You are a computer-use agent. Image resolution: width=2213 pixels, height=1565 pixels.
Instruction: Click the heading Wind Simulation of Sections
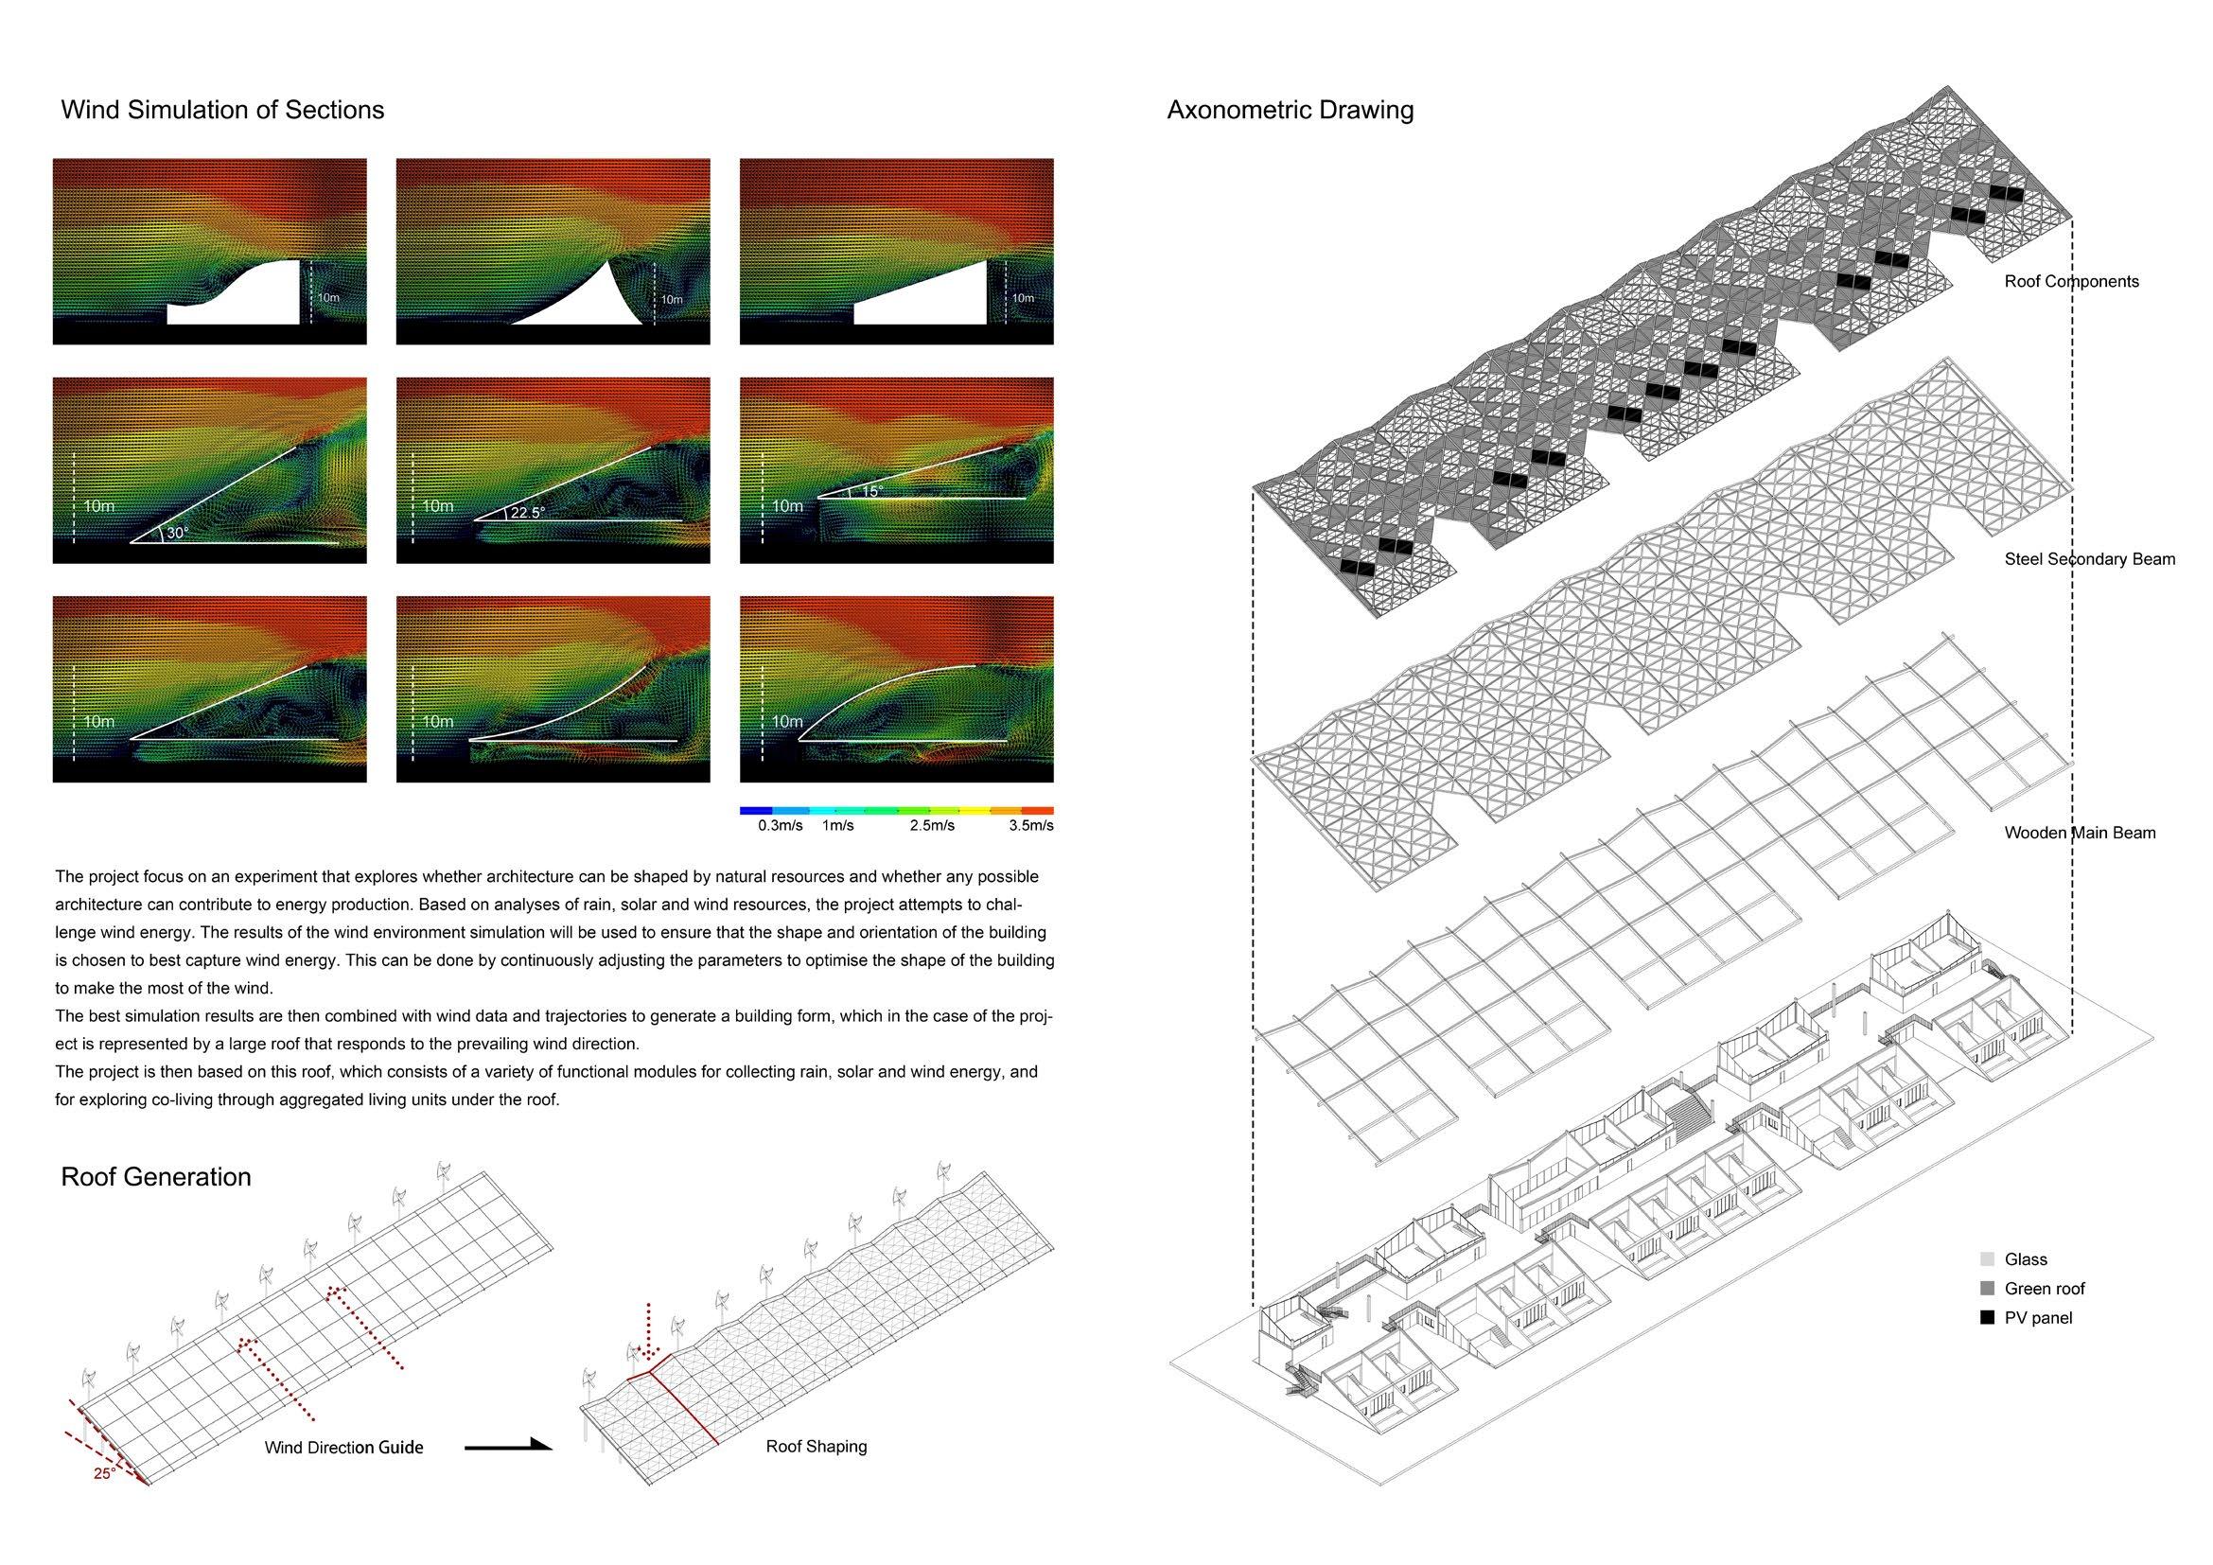[x=221, y=110]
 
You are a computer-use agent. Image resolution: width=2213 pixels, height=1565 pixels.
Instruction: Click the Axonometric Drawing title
[x=1290, y=110]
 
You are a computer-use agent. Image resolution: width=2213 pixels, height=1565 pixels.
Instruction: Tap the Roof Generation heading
[x=155, y=1177]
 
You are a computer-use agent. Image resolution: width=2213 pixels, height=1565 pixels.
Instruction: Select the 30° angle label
[x=177, y=532]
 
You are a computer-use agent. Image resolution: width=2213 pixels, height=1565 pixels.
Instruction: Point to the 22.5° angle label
[x=527, y=513]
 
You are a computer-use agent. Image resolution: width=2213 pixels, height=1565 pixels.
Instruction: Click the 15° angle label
[x=871, y=490]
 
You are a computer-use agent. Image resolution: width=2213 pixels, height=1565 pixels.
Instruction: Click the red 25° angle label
[x=104, y=1473]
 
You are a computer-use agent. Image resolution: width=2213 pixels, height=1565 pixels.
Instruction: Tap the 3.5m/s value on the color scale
[x=1030, y=826]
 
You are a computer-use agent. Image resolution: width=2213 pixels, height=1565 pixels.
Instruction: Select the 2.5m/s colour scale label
[x=932, y=826]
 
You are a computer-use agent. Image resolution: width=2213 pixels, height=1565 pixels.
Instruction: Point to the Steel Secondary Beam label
[x=2090, y=559]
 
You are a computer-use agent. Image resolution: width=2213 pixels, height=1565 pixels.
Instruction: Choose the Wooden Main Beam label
[x=2080, y=833]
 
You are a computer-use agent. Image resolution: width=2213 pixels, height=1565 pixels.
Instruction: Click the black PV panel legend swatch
[x=1987, y=1317]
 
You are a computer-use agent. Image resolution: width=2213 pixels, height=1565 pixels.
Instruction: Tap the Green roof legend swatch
[x=1987, y=1289]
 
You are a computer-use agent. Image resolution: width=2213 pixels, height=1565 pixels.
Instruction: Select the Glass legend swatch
[x=1987, y=1259]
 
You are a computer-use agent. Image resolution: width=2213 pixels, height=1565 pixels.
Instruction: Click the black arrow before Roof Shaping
[x=508, y=1446]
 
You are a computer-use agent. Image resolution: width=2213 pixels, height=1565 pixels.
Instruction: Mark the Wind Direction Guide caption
[x=344, y=1448]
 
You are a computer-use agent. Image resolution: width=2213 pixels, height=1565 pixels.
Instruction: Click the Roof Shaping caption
[x=817, y=1447]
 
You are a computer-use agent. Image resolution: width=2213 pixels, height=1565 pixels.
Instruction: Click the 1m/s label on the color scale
[x=837, y=826]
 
